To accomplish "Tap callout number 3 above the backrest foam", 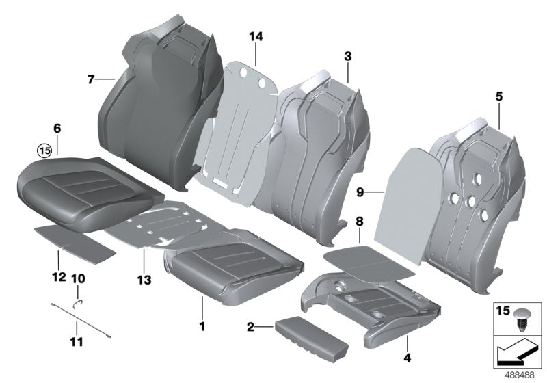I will (347, 55).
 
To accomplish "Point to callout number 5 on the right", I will (498, 97).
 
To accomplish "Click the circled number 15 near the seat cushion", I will (44, 150).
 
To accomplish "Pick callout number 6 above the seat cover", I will (57, 128).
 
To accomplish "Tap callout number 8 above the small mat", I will (360, 222).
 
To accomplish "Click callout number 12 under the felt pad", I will (58, 278).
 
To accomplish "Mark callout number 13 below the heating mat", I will (146, 279).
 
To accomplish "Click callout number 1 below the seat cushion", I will (202, 327).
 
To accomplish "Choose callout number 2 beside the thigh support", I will (252, 328).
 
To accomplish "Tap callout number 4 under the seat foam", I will (408, 356).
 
